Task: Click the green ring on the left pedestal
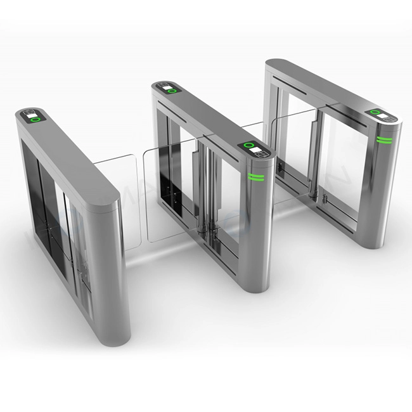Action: click(x=36, y=119)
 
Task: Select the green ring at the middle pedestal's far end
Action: click(x=171, y=91)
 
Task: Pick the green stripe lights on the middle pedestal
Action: click(x=257, y=177)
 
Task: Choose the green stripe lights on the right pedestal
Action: click(x=383, y=140)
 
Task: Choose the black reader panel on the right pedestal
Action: click(x=381, y=115)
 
